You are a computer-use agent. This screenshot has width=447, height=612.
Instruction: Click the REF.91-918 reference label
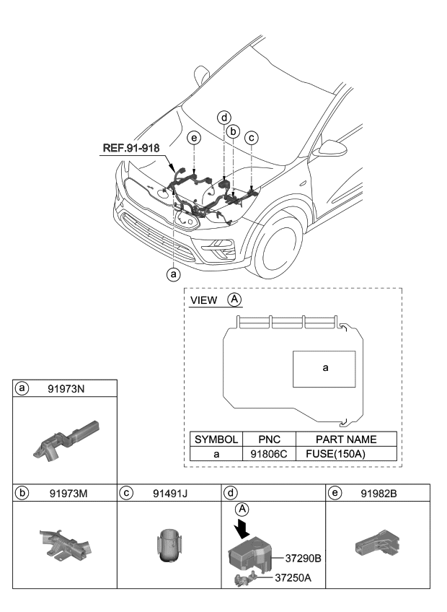pos(130,149)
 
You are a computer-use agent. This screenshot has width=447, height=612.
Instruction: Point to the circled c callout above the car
pos(251,136)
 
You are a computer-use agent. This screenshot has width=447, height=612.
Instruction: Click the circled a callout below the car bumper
pos(172,274)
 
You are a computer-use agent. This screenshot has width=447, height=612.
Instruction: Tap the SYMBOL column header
pos(215,439)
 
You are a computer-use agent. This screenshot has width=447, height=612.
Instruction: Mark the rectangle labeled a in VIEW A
pos(324,367)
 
